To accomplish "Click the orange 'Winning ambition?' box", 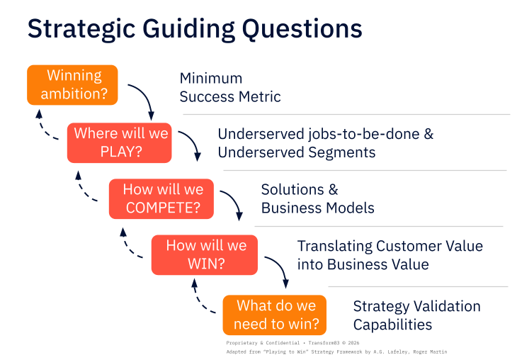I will (x=72, y=85).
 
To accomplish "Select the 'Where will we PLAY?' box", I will (x=119, y=142).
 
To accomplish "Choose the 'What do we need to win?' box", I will (x=275, y=315).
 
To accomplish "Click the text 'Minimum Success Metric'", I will (x=229, y=88).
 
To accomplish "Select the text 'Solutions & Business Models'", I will (x=317, y=199).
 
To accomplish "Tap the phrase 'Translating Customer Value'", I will (x=390, y=246).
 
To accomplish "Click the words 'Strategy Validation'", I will (x=416, y=306).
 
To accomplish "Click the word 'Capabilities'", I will (x=392, y=325).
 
